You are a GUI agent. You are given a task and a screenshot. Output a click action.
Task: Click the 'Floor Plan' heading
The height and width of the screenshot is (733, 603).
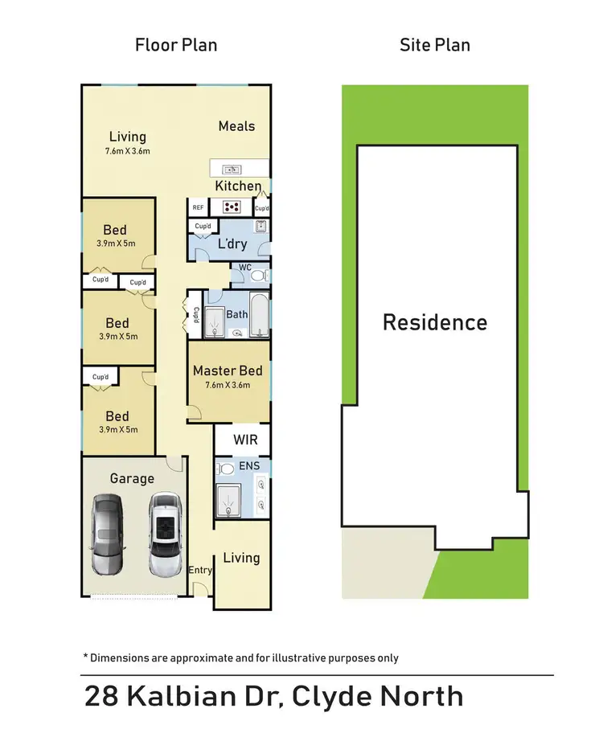(176, 44)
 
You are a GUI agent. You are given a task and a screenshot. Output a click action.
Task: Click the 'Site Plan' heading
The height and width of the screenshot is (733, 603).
(435, 44)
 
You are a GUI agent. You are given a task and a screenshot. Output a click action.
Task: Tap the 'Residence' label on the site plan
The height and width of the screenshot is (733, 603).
(434, 322)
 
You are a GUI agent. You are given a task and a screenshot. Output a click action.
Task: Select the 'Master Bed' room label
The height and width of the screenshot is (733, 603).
(228, 371)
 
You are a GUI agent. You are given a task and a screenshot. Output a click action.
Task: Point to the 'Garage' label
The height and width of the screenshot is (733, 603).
(132, 478)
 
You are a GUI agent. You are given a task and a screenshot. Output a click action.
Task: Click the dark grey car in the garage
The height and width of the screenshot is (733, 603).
(107, 534)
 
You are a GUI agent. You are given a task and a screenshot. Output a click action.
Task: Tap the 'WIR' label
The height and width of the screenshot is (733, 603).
(245, 440)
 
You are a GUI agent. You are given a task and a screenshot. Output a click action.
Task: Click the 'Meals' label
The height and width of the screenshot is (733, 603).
(236, 126)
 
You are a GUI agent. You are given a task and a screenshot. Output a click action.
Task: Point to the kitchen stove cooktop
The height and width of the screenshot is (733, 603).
(233, 206)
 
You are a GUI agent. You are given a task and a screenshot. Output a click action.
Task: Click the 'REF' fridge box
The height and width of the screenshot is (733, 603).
(197, 207)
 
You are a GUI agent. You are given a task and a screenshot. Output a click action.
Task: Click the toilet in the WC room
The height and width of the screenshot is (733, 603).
(256, 276)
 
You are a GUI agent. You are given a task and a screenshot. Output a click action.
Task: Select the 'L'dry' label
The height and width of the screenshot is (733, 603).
(232, 244)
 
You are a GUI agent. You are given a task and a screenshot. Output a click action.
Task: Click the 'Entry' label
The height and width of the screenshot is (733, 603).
(200, 571)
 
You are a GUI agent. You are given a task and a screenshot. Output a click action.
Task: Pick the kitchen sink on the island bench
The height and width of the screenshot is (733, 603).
(232, 169)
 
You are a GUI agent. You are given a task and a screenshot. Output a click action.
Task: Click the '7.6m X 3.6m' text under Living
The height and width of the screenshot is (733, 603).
(127, 150)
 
